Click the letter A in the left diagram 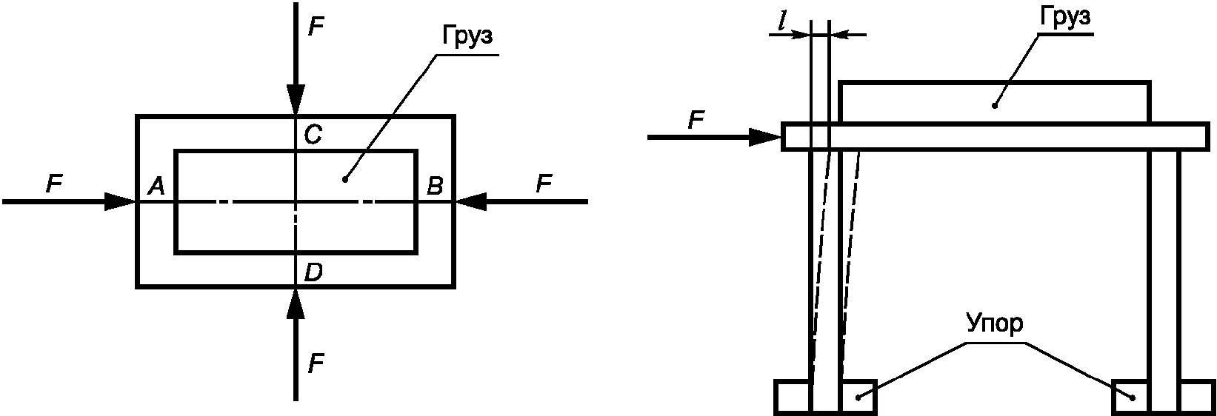(156, 187)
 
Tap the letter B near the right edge (435, 187)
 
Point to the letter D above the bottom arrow (313, 272)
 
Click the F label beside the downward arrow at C (316, 26)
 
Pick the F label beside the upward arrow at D (316, 363)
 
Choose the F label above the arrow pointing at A (54, 184)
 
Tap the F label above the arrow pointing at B (544, 184)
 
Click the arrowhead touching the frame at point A (121, 201)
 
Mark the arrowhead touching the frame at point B (470, 201)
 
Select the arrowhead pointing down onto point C (296, 100)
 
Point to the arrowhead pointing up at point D (296, 303)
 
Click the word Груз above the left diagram (467, 37)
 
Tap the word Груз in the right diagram (1065, 16)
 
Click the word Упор (994, 323)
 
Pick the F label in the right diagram (696, 121)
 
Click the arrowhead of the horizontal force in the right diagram (765, 138)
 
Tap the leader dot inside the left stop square (858, 412)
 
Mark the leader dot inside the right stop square (1133, 412)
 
